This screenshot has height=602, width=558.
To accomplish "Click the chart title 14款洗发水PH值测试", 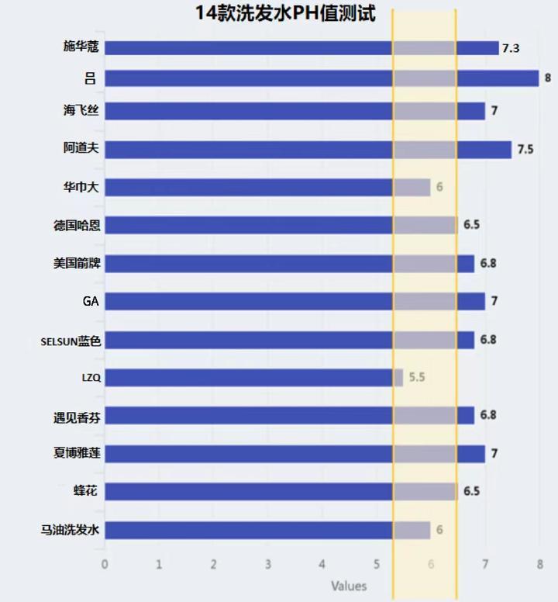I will (284, 13).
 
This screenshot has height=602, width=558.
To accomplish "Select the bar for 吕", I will (321, 78).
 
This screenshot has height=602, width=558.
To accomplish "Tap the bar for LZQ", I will (253, 378).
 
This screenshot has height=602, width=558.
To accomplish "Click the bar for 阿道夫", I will (308, 149).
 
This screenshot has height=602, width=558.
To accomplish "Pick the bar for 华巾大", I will (267, 187).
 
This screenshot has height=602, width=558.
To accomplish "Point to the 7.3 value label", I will (510, 48).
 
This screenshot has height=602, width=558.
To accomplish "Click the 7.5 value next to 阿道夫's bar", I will (525, 149).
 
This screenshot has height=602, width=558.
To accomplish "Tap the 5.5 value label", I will (417, 378).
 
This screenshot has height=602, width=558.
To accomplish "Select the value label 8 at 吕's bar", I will (548, 78).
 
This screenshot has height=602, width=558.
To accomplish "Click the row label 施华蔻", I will (81, 48).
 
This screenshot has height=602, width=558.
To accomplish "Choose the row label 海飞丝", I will (81, 111).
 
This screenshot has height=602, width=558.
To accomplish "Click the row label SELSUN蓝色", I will (71, 340).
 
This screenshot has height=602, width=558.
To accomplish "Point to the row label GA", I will (91, 301).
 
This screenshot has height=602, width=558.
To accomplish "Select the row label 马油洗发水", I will (71, 530).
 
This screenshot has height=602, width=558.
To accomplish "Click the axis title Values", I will (349, 586).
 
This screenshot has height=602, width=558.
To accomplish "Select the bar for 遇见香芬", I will (288, 416).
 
